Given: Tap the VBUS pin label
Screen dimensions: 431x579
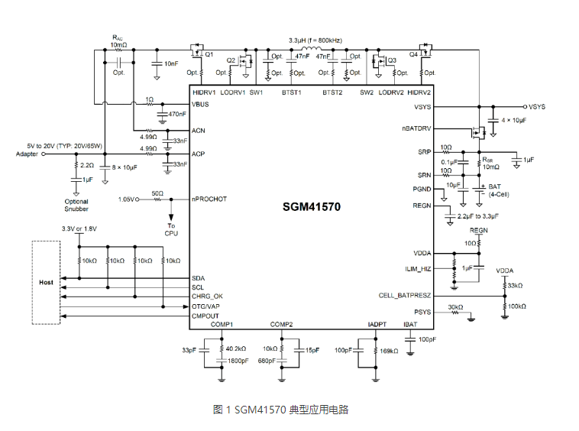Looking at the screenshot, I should (x=202, y=104).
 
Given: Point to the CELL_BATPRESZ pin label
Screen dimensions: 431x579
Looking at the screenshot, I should (x=405, y=295).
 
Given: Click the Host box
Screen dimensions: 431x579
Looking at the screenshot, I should (x=47, y=283).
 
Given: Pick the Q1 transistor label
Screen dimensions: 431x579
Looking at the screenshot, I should (x=208, y=55).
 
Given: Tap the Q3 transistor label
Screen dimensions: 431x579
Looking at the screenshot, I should (x=392, y=60).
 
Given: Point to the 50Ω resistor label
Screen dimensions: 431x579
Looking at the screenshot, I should (x=157, y=193).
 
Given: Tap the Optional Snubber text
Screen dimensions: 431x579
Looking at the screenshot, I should (x=76, y=205).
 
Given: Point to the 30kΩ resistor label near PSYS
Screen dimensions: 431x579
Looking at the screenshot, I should (x=455, y=307).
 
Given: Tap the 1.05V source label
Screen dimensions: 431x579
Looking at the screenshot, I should (x=126, y=199).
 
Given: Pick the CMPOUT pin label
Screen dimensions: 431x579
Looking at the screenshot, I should (x=205, y=314).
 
